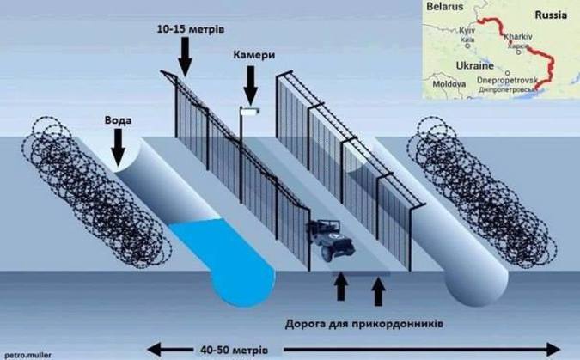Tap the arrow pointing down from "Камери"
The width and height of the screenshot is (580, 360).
(x=252, y=84)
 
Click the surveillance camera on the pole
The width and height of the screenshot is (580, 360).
(x=250, y=111)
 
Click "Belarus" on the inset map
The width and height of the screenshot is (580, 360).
(x=443, y=7)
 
